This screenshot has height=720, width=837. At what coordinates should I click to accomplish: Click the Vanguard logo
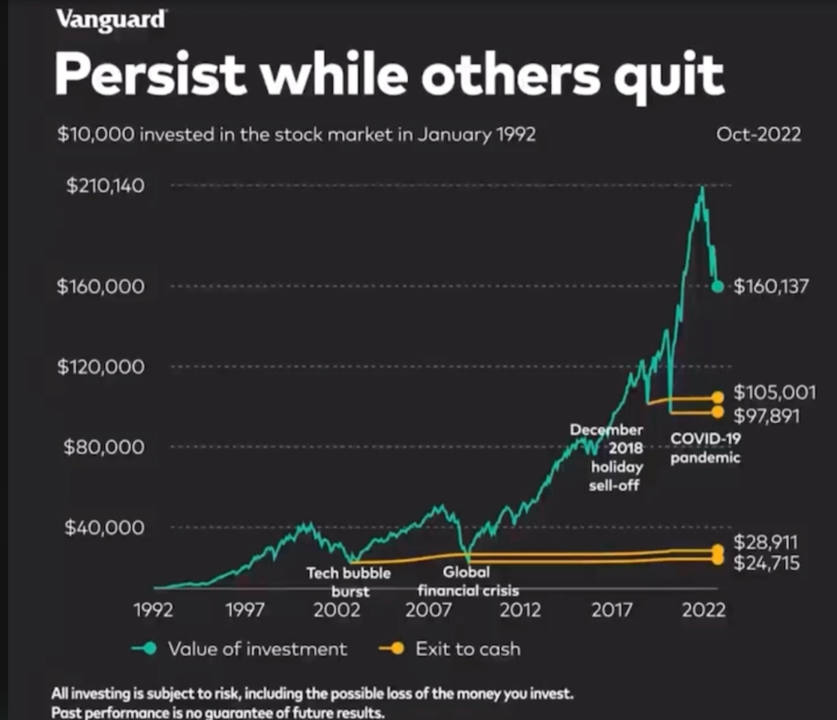tap(111, 20)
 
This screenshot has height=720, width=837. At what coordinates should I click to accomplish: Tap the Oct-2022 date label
tap(758, 134)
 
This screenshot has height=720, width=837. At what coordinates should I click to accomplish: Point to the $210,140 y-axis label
tap(105, 186)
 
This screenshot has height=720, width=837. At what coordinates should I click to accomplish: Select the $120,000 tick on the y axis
tap(101, 367)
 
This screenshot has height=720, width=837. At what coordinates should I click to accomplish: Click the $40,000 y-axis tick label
tap(105, 527)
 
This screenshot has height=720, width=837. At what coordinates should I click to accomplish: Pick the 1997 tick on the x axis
tap(245, 610)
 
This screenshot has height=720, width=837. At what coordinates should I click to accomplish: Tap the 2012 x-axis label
tap(520, 610)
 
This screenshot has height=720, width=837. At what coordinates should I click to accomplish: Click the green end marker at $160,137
tap(718, 286)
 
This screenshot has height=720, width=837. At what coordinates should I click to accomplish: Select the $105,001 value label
tap(775, 392)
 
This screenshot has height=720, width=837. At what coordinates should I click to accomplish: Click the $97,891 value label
tap(766, 415)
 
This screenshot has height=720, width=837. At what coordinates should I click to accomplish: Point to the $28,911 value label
tap(766, 542)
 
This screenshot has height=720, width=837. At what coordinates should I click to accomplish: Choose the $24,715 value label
tap(766, 562)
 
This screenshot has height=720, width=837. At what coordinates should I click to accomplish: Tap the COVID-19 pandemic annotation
tap(705, 448)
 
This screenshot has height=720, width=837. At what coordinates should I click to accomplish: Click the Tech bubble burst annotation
tap(349, 582)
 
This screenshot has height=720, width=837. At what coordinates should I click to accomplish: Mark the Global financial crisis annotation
tap(467, 580)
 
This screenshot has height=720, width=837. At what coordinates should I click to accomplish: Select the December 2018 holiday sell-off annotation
tap(614, 457)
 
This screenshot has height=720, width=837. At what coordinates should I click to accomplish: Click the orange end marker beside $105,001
tap(718, 397)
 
